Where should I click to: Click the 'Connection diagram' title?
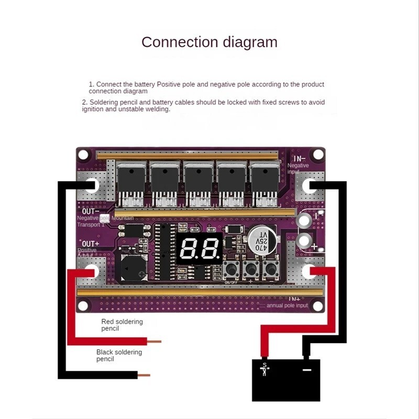pyautogui.click(x=209, y=42)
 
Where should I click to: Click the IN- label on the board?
pyautogui.click(x=299, y=159)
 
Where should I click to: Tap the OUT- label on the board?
pyautogui.click(x=90, y=211)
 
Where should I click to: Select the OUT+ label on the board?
pyautogui.click(x=91, y=244)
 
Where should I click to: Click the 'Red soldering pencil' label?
pyautogui.click(x=122, y=325)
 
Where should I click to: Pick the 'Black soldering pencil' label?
pyautogui.click(x=119, y=356)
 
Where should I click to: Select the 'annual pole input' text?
pyautogui.click(x=288, y=304)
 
